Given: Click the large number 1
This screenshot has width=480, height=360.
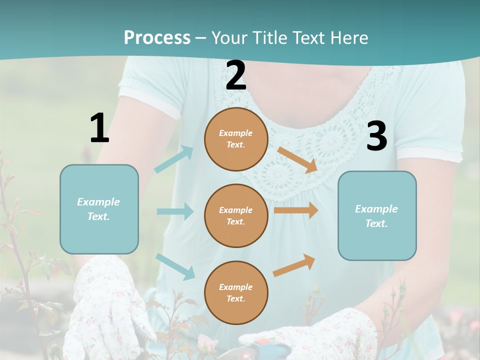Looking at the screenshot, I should point(99,128).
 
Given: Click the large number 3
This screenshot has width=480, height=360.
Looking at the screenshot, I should point(376,136).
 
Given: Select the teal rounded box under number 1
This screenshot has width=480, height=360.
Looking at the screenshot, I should point(99,209).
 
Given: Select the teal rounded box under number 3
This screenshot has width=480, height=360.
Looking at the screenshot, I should point(377,215).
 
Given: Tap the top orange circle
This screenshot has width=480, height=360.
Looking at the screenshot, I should point(236,139).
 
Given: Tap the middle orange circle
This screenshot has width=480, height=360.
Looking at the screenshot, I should point(236,215).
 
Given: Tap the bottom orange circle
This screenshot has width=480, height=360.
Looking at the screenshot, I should point(236,292).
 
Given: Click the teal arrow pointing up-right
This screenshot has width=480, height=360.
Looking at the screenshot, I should point(174,159).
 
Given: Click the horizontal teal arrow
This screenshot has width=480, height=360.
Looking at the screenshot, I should point(175,211).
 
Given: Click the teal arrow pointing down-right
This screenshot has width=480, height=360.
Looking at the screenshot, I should point(175,266).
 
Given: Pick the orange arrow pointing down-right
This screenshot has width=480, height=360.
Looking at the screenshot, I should point(297,159).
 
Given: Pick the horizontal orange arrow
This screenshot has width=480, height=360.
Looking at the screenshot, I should point(296,210).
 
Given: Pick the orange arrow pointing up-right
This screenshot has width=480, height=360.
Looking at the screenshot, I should point(294,265).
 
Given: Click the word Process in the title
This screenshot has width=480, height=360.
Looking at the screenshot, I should point(157,37).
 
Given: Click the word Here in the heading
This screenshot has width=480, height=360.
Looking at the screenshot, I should point(347,37).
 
